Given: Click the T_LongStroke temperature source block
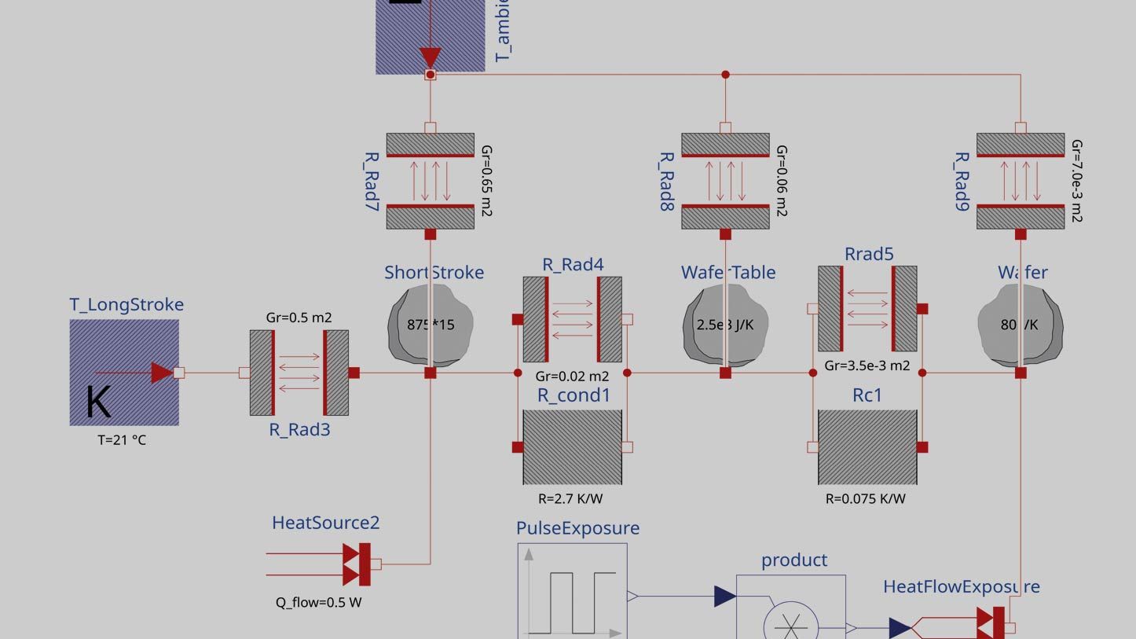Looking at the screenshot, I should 124,373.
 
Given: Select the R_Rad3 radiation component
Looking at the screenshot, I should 299,373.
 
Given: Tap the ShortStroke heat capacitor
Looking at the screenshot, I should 430,325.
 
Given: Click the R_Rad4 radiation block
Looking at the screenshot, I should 572,319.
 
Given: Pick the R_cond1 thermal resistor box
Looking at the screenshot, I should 572,446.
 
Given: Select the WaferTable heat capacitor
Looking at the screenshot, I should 725,325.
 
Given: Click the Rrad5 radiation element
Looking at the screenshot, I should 867,309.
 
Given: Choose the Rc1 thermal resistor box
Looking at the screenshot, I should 867,446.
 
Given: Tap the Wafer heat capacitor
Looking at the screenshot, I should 1020,325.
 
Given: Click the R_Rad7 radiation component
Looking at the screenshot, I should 430,181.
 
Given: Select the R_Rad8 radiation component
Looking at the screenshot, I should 725,181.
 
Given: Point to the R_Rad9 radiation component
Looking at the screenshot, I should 1020,181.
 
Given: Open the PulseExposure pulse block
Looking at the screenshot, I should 572,591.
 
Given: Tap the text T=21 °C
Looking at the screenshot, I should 122,440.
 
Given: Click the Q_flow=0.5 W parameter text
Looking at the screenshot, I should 318,603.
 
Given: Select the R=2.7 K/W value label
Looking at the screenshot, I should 570,498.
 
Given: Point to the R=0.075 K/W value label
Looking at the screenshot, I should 865,498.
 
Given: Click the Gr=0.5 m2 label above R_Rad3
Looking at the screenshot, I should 299,318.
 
